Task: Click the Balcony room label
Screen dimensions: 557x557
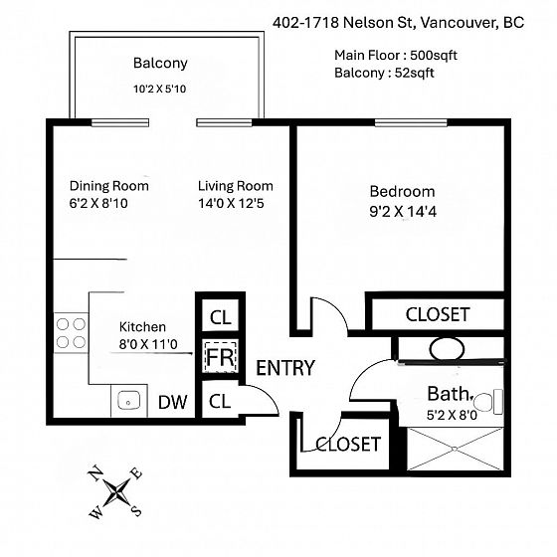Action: (x=160, y=64)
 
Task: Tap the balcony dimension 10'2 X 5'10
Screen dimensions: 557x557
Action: (x=159, y=89)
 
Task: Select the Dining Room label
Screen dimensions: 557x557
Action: (x=109, y=186)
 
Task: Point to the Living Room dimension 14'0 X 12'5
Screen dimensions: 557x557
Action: (x=231, y=204)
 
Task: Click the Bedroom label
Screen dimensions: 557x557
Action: (x=402, y=191)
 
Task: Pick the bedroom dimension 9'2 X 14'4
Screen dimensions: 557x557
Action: (x=403, y=212)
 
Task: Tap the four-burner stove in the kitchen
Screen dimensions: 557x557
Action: (x=71, y=333)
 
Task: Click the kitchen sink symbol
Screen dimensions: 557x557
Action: (x=128, y=400)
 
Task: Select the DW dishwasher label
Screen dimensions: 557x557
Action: (x=173, y=402)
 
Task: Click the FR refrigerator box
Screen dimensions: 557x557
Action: (x=220, y=356)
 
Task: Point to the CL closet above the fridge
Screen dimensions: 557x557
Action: (x=220, y=317)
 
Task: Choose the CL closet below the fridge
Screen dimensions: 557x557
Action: (x=220, y=402)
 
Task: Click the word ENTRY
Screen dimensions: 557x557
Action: (x=285, y=368)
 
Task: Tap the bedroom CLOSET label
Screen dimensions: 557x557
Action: (x=438, y=314)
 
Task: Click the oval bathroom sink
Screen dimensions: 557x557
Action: (x=447, y=349)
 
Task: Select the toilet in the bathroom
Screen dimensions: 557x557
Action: (x=488, y=402)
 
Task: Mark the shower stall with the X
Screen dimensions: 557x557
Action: (x=456, y=450)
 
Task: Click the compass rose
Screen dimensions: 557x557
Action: (x=115, y=492)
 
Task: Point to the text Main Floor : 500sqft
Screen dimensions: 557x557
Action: (x=396, y=56)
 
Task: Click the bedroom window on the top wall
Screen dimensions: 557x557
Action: (x=411, y=123)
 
